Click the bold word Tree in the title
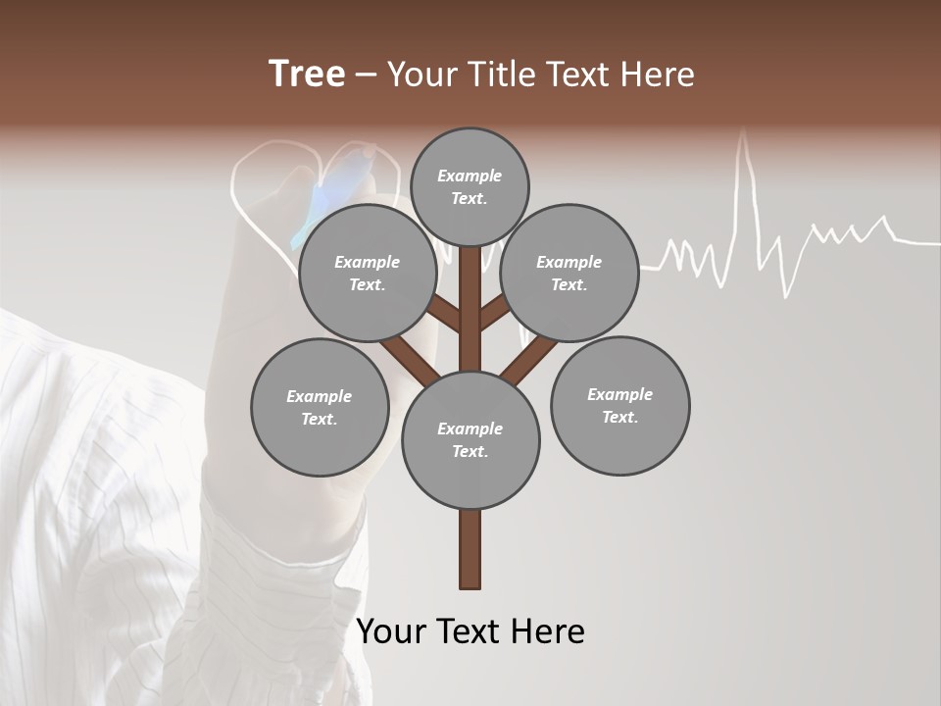pyautogui.click(x=307, y=75)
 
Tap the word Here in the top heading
pyautogui.click(x=656, y=75)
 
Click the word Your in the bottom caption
pyautogui.click(x=392, y=631)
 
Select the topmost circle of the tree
pyautogui.click(x=470, y=186)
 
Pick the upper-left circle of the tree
pyautogui.click(x=368, y=273)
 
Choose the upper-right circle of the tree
pyautogui.click(x=570, y=273)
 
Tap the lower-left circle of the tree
pyautogui.click(x=320, y=407)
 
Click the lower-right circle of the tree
pyautogui.click(x=619, y=405)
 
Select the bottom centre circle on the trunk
pyautogui.click(x=470, y=439)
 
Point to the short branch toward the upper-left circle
pyautogui.click(x=443, y=313)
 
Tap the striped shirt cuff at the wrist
pyautogui.click(x=284, y=549)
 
